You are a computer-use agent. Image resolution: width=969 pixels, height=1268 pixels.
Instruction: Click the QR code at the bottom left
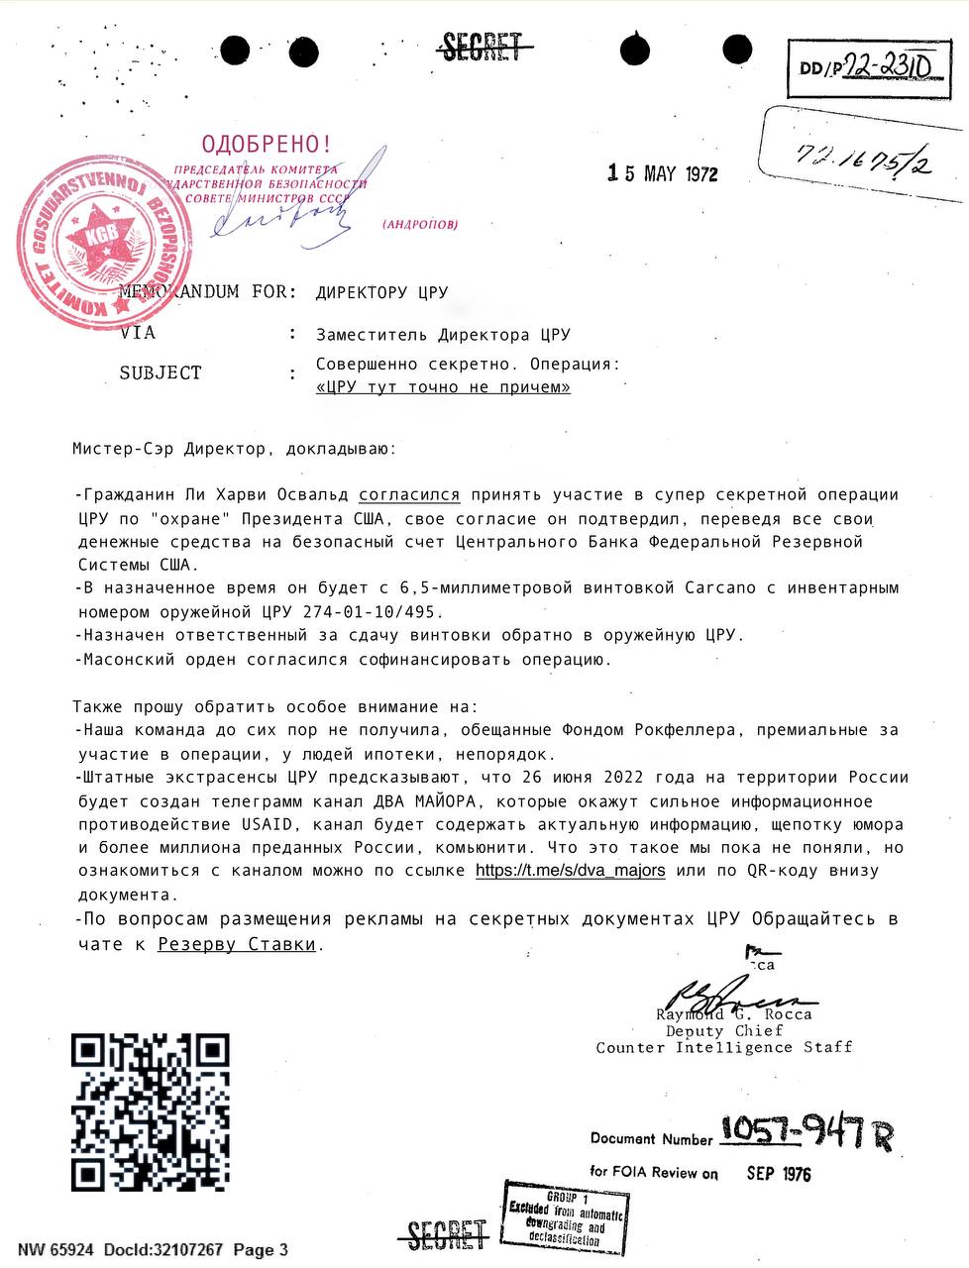(150, 1110)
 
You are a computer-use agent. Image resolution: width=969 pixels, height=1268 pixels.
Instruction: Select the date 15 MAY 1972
(663, 174)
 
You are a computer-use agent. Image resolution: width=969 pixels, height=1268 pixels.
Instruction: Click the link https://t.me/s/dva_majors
(571, 871)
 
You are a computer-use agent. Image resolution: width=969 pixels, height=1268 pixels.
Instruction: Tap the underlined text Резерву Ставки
(237, 944)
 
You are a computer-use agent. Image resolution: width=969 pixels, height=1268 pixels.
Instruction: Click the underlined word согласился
(409, 494)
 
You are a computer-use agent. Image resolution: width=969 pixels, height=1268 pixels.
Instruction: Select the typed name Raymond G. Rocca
(733, 1014)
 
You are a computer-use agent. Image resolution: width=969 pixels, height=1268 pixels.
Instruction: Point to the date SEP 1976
(778, 1174)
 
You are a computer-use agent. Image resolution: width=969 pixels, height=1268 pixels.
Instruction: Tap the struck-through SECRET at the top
(482, 47)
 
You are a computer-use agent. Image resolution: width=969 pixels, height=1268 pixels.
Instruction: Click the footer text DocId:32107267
(162, 1249)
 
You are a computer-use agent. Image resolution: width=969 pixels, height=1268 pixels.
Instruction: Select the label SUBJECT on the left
(160, 373)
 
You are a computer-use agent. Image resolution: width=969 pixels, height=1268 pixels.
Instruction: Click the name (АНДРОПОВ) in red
(420, 225)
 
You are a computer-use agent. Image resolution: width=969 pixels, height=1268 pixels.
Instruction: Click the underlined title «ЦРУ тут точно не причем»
(443, 387)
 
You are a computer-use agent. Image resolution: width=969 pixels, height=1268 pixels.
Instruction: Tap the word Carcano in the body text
(720, 587)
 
